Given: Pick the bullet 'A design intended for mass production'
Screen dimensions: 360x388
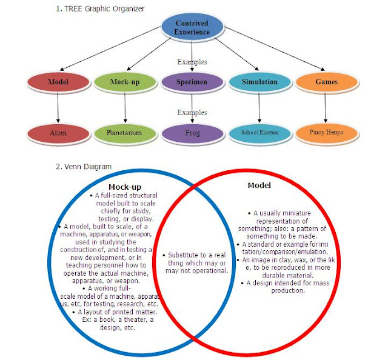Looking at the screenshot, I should coord(274,286).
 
